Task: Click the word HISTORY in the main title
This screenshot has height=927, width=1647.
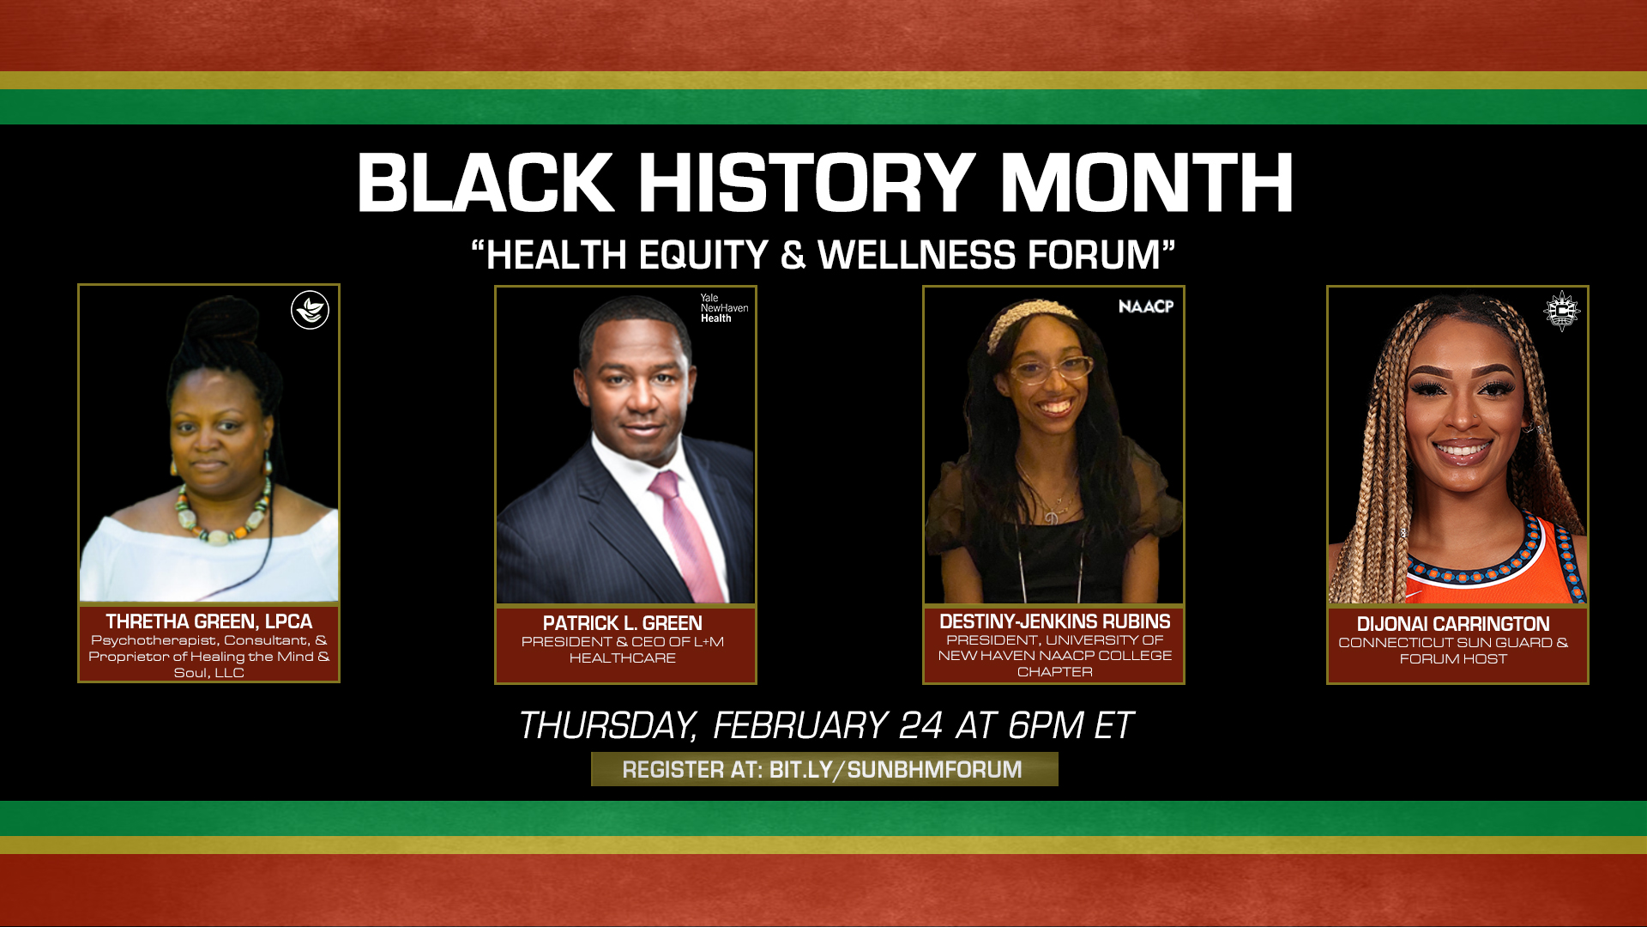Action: coord(806,183)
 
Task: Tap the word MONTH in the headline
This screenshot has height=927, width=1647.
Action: coord(1147,183)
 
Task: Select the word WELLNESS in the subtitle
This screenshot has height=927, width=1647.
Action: coord(916,255)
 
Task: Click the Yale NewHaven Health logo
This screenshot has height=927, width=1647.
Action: coord(724,308)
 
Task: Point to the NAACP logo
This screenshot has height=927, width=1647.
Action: coord(1146,306)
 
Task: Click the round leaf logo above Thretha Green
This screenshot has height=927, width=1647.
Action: coord(310,310)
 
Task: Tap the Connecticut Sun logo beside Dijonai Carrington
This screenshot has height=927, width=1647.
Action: coord(1561,311)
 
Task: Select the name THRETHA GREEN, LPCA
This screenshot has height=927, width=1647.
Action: coord(208,621)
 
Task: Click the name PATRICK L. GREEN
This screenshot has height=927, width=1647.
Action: coord(623,623)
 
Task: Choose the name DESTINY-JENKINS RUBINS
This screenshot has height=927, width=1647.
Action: coord(1054,621)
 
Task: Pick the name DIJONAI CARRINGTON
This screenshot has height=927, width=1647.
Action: coord(1453,624)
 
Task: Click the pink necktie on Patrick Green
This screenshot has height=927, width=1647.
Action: coord(685,536)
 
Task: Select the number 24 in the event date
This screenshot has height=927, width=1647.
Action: coord(921,726)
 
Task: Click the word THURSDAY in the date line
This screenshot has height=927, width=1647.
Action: coord(607,726)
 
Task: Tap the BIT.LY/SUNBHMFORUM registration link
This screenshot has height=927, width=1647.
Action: coord(896,770)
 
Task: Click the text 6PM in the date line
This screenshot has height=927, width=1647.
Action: coord(1045,726)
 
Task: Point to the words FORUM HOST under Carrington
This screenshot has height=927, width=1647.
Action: coord(1453,659)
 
